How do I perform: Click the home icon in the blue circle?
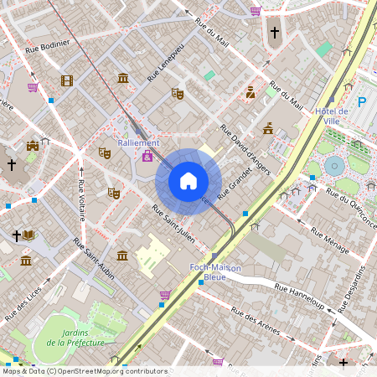pos(188,180)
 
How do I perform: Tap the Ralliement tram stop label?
pos(138,142)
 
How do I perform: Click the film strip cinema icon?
pos(66,81)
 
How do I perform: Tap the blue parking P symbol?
pos(362,102)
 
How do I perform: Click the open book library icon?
pos(29,235)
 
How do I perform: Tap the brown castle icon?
pos(33,146)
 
